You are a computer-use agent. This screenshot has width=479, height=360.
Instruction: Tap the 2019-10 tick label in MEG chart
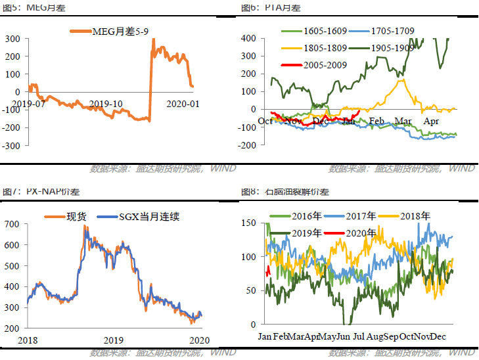pyautogui.click(x=106, y=104)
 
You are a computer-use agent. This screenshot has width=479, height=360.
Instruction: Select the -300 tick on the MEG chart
pyautogui.click(x=12, y=145)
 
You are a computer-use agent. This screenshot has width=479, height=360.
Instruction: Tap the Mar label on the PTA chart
pyautogui.click(x=402, y=121)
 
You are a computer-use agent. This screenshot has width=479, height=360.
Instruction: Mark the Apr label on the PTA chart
pyautogui.click(x=431, y=121)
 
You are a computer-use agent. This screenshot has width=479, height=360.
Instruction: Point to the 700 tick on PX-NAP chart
pyautogui.click(x=12, y=224)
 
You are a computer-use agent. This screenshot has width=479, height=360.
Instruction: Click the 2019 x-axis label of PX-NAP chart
pyautogui.click(x=113, y=340)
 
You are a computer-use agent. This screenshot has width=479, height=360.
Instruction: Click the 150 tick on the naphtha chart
pyautogui.click(x=248, y=224)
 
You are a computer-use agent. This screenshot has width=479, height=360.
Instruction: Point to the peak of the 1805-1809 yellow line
pyautogui.click(x=403, y=80)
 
